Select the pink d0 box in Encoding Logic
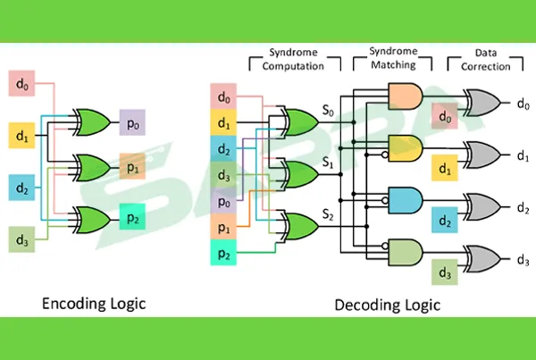pyautogui.click(x=22, y=85)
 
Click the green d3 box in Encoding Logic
pyautogui.click(x=22, y=239)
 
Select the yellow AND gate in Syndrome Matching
pyautogui.click(x=405, y=147)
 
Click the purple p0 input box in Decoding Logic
pyautogui.click(x=223, y=203)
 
